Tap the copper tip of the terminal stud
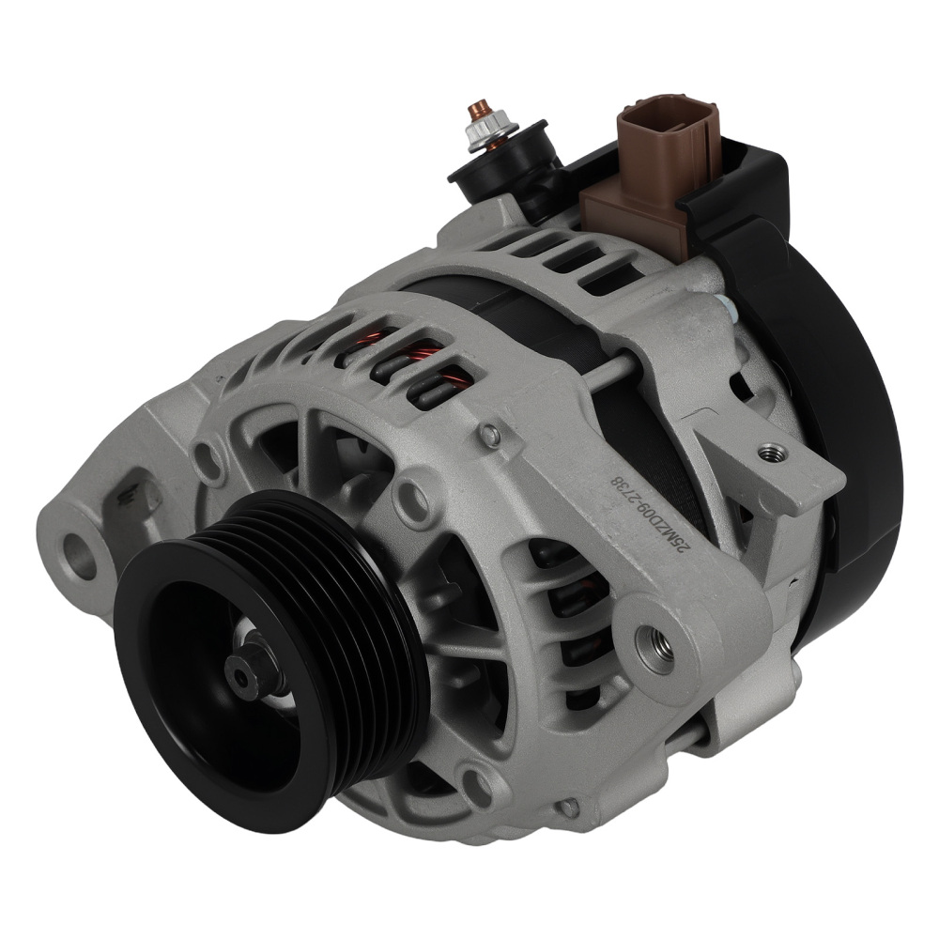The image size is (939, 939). (479, 106)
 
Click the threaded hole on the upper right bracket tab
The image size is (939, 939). (772, 454)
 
